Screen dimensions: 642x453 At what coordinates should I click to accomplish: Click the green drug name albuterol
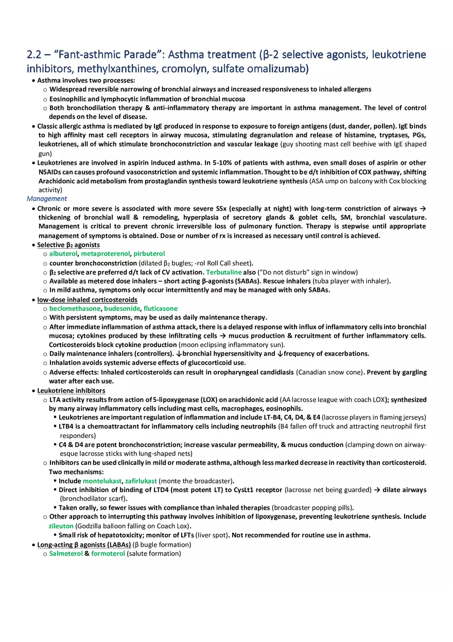click(x=63, y=254)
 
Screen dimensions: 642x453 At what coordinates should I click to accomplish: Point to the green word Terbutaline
click(x=224, y=272)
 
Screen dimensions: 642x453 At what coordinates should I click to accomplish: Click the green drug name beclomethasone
click(x=75, y=308)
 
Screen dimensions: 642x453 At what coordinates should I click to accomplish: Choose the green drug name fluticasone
click(x=161, y=308)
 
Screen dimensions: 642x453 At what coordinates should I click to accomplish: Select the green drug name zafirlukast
click(x=141, y=481)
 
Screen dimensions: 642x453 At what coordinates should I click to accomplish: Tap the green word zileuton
click(x=61, y=526)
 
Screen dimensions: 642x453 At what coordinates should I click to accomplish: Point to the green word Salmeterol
click(x=66, y=553)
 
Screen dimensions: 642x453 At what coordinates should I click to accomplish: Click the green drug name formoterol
click(x=108, y=553)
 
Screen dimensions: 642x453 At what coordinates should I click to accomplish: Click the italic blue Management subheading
click(x=47, y=199)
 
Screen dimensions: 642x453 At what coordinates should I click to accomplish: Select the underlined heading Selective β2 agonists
click(x=68, y=245)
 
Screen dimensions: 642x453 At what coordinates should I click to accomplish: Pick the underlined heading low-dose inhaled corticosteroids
click(x=87, y=300)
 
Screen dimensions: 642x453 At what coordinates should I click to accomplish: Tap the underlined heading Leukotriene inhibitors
click(x=71, y=391)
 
